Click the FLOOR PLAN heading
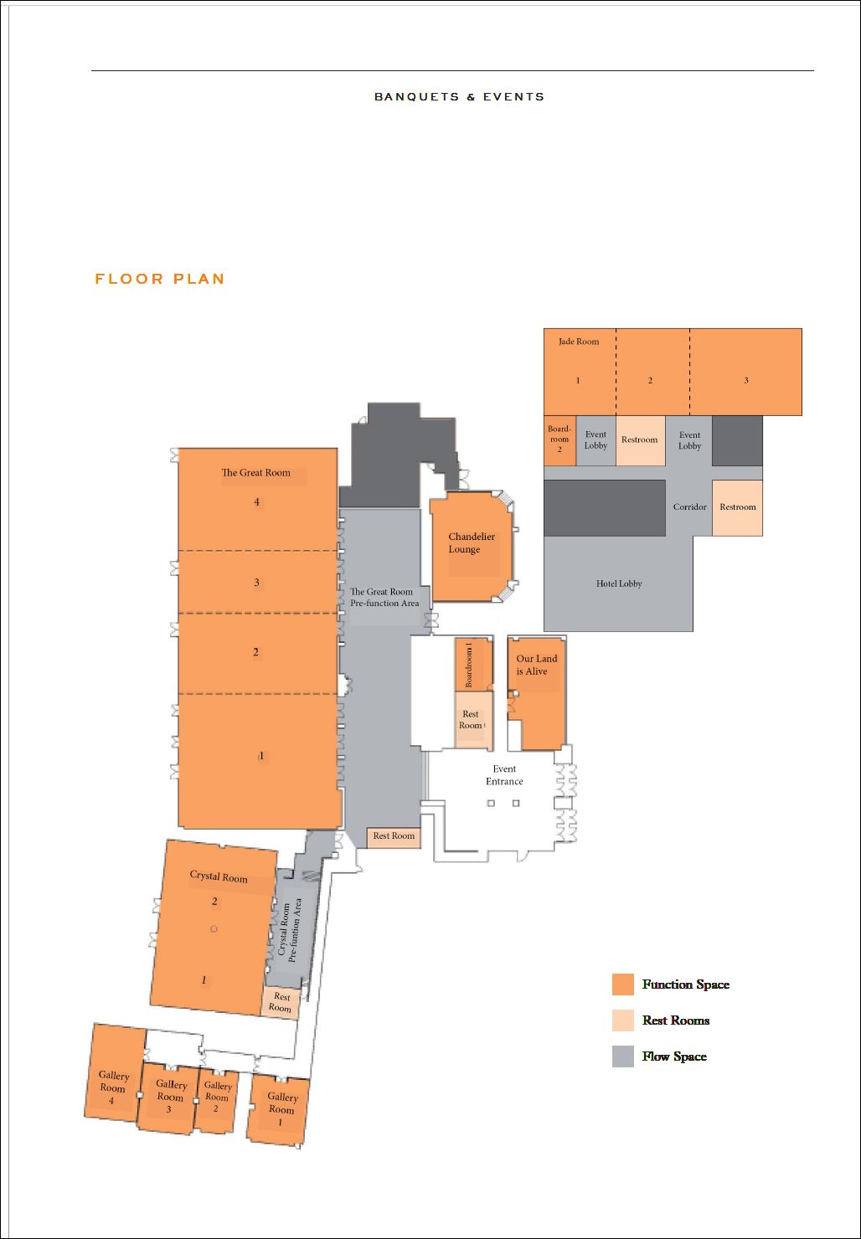159,279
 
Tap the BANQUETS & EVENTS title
459,97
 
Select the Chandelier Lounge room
472,546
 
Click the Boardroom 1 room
474,665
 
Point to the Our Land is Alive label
536,665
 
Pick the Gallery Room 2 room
216,1099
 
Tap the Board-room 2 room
559,440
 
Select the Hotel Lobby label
619,584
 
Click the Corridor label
689,506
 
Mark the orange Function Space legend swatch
622,985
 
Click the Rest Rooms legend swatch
622,1021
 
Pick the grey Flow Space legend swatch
622,1056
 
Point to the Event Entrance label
504,775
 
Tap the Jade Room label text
579,342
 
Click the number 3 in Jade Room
746,381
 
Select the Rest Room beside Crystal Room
281,1003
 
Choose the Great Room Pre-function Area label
384,598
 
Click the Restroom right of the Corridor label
737,508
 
